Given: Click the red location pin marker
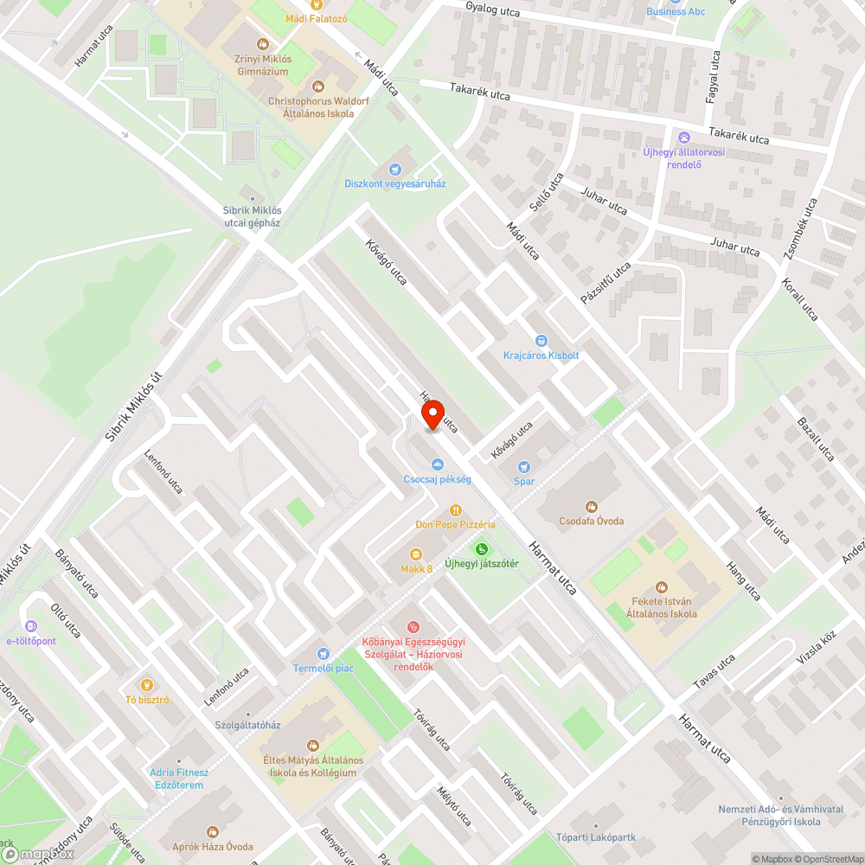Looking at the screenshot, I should click(x=432, y=415).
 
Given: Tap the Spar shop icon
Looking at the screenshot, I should click(x=524, y=467).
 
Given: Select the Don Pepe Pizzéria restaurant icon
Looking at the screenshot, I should click(x=455, y=510).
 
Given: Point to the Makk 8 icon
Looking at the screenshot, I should click(x=416, y=554).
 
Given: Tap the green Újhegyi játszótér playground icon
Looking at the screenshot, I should click(x=481, y=549).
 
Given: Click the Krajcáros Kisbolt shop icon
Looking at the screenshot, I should click(x=541, y=341).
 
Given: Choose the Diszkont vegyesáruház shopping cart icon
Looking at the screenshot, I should click(x=395, y=169).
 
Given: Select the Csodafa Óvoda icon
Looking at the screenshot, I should click(x=592, y=506).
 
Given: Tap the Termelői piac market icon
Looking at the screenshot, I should click(x=324, y=654).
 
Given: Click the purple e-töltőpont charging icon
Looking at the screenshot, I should click(x=31, y=625).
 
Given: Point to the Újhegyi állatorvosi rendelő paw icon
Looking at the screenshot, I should click(x=683, y=137).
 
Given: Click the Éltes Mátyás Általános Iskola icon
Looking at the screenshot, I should click(x=312, y=745).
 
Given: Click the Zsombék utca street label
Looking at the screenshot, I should click(x=801, y=227).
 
